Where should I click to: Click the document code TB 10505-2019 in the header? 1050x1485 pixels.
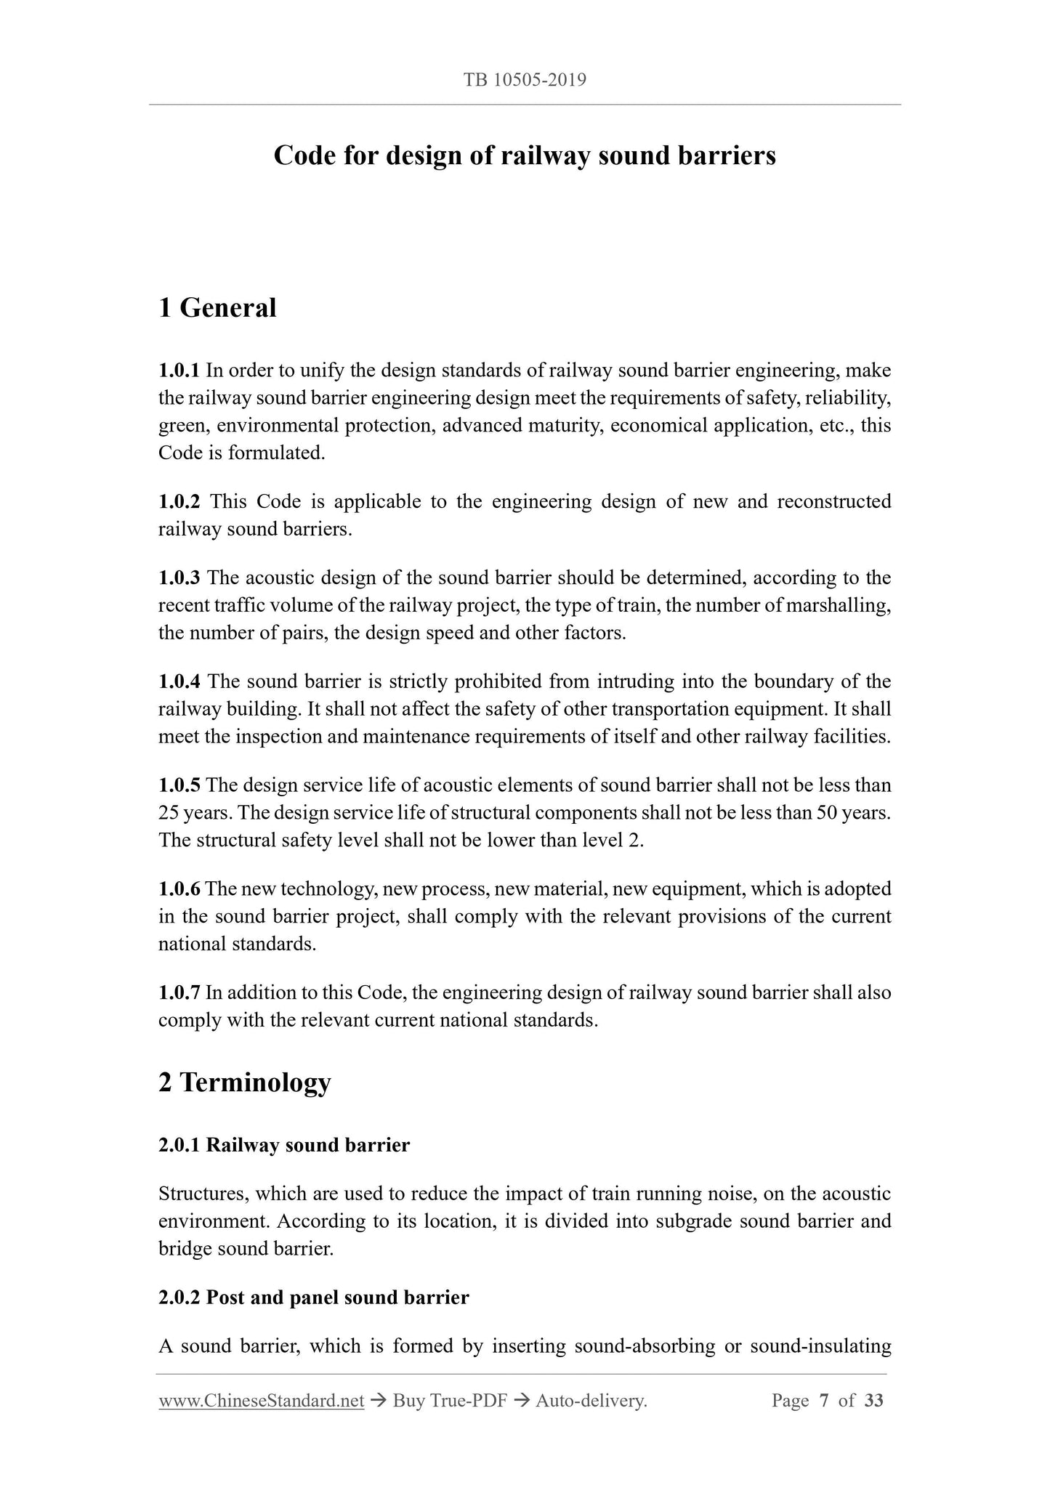tap(525, 80)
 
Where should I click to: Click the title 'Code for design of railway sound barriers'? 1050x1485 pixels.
tap(525, 155)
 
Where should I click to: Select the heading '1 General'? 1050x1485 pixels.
tap(217, 308)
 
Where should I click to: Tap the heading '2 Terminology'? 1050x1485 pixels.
tap(244, 1082)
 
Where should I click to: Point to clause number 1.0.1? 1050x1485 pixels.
tap(179, 371)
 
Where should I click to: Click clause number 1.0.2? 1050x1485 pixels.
tap(179, 502)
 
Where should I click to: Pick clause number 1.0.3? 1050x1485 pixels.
tap(179, 578)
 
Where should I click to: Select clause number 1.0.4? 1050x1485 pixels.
tap(179, 682)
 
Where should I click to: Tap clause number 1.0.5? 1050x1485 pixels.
tap(179, 785)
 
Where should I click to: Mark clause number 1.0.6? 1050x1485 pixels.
tap(179, 889)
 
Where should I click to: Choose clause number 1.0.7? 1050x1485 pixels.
tap(179, 993)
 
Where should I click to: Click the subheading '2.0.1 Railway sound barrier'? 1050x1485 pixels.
tap(284, 1146)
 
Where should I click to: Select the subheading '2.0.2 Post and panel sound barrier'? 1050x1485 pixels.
tap(313, 1298)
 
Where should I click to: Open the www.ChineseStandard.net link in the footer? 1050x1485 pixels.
tap(261, 1401)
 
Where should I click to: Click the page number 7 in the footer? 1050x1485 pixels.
tap(824, 1401)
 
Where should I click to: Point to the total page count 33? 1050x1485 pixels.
tap(874, 1401)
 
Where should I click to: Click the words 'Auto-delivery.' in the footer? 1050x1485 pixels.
tap(591, 1401)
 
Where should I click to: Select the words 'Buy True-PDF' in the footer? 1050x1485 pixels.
tap(449, 1401)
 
